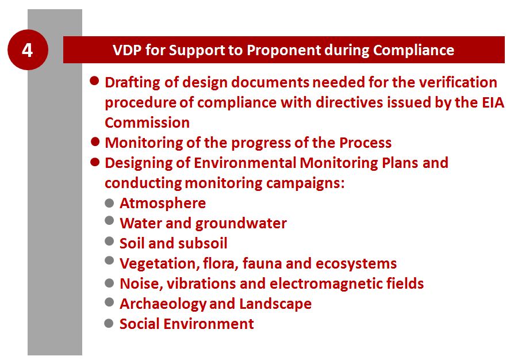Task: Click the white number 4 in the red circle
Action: point(28,50)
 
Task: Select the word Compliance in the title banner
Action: point(413,51)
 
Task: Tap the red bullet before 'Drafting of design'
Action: point(94,81)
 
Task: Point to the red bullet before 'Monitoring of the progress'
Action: point(95,142)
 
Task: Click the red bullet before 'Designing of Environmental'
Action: point(95,162)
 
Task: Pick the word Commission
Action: point(147,122)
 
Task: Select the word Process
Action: point(366,143)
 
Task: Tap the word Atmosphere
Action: point(163,204)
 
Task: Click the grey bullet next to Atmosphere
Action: point(109,202)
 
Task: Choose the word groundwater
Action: point(241,224)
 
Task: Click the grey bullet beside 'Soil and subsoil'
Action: point(109,242)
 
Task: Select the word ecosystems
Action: point(356,264)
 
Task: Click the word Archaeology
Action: point(163,304)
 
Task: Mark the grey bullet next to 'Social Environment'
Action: point(109,323)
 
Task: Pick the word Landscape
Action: point(275,304)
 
